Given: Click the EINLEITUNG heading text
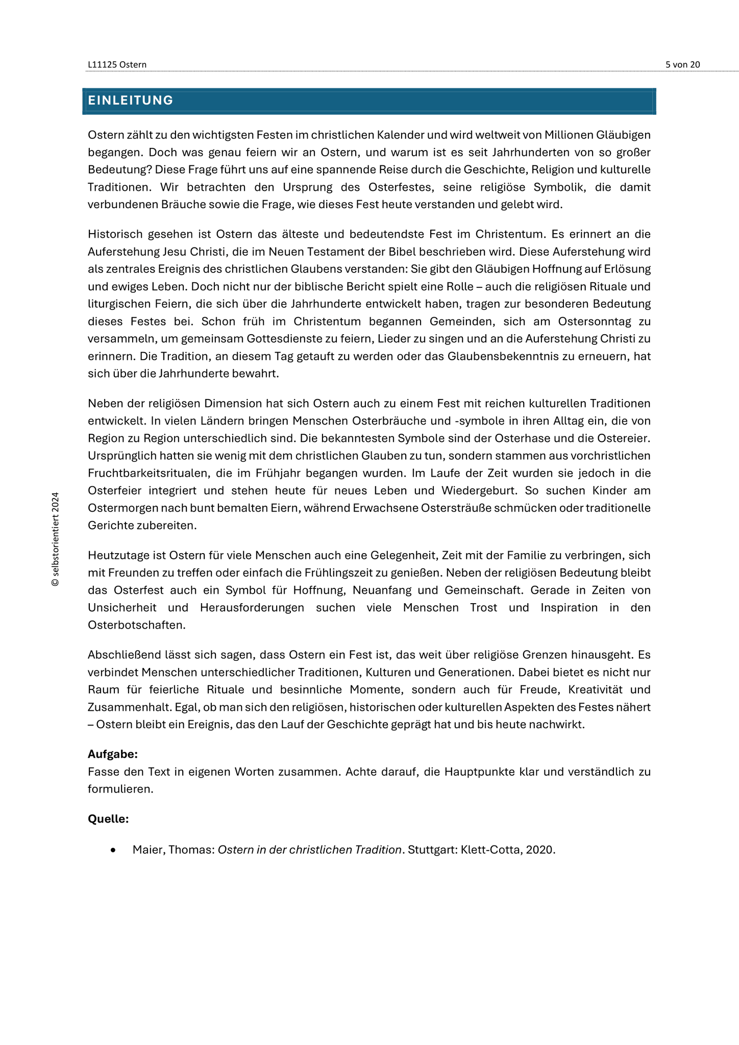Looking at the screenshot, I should [131, 101].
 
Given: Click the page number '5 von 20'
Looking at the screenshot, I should [682, 64].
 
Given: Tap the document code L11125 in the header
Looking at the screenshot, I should [102, 64].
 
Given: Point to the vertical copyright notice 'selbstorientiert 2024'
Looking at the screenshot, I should [55, 539].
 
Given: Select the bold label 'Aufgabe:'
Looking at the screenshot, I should [113, 754].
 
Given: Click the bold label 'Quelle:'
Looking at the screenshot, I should [108, 818].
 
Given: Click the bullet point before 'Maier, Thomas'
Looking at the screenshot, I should [113, 850].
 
